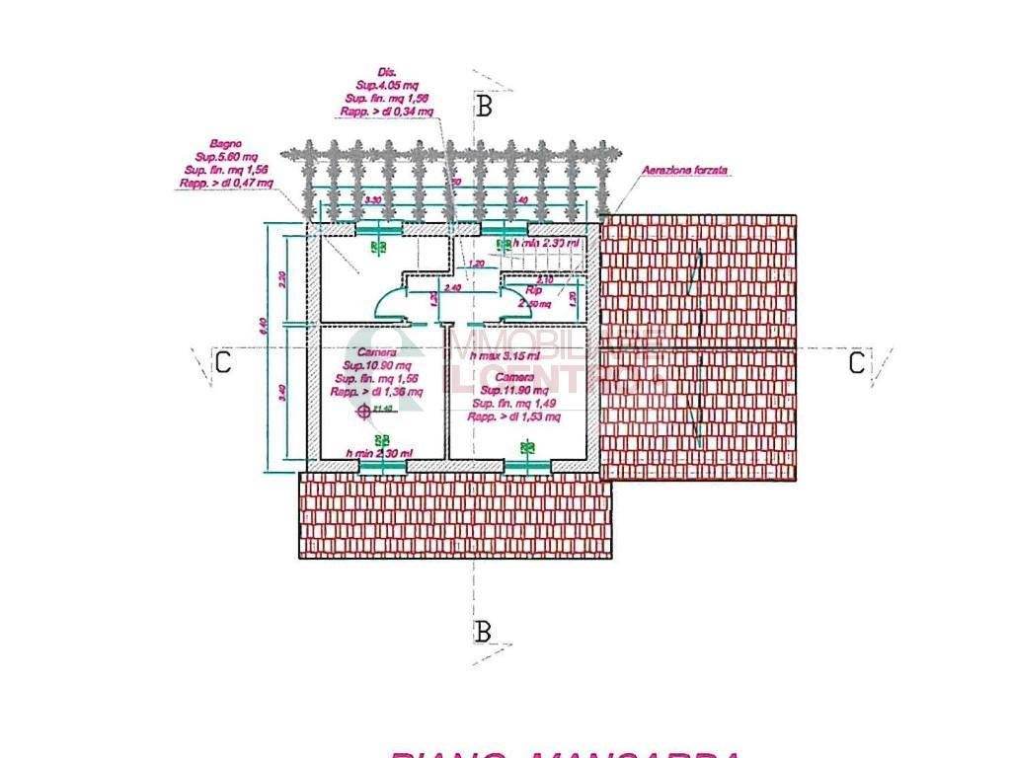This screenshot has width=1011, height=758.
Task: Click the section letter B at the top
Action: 484,107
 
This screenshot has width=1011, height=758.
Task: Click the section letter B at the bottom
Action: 483,632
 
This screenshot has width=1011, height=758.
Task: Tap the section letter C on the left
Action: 223,363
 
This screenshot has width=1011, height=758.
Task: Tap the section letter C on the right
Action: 857,363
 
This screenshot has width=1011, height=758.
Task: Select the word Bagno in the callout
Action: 225,144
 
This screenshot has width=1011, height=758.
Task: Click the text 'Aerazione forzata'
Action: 685,171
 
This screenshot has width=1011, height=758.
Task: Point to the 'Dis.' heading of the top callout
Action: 373,73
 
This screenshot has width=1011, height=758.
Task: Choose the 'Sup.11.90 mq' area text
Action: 514,390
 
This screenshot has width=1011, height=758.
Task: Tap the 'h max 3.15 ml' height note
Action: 505,355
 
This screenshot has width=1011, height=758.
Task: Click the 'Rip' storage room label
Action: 533,291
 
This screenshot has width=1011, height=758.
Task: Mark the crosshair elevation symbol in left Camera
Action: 364,411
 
